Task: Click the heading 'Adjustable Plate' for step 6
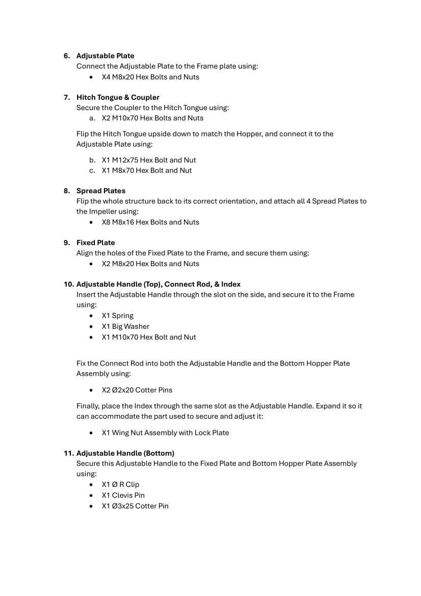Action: [105, 56]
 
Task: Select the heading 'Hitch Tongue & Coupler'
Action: [118, 97]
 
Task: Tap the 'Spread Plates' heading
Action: [100, 191]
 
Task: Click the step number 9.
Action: [66, 243]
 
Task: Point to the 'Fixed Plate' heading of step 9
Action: [95, 243]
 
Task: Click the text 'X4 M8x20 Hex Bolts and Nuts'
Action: [150, 77]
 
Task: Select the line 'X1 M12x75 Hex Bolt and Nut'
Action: [149, 160]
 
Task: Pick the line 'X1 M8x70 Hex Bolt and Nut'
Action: [147, 170]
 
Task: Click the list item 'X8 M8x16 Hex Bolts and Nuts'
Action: [150, 222]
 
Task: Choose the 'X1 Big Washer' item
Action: [125, 326]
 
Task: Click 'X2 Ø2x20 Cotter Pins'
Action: [137, 390]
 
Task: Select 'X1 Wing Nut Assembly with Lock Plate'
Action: [165, 433]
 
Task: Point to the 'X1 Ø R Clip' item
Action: [120, 484]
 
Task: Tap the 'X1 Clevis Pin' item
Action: [123, 495]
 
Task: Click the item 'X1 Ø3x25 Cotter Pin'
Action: [135, 506]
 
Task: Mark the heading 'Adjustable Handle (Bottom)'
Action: [125, 453]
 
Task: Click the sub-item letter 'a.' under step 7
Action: [92, 118]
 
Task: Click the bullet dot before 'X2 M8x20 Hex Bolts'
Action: [91, 264]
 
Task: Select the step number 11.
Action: [68, 453]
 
